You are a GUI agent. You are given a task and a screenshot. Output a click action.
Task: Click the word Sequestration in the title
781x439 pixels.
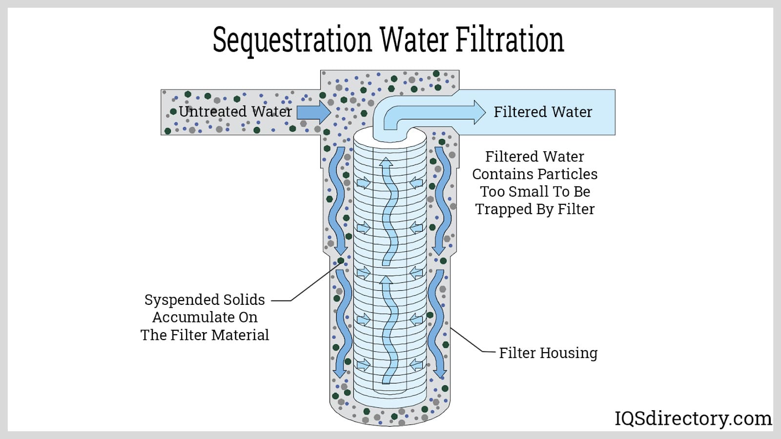click(x=292, y=40)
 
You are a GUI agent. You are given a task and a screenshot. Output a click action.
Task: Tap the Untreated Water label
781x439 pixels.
click(x=235, y=112)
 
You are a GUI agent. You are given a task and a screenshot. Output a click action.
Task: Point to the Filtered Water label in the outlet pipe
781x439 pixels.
click(x=543, y=112)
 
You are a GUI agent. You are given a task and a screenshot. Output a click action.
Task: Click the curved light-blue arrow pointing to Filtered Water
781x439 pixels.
click(x=430, y=113)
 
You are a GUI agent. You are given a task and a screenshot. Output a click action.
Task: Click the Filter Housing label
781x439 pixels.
click(x=548, y=353)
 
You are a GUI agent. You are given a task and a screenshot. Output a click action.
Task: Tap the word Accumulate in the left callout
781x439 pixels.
click(x=205, y=318)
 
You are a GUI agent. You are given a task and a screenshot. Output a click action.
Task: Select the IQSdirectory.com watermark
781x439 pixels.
click(x=693, y=419)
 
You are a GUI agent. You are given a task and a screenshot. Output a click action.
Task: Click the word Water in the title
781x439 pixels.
click(x=414, y=40)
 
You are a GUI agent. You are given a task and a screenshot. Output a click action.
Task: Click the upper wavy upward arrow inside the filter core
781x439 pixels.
click(x=387, y=210)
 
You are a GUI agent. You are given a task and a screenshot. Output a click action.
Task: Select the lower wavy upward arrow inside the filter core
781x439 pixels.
click(x=387, y=329)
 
